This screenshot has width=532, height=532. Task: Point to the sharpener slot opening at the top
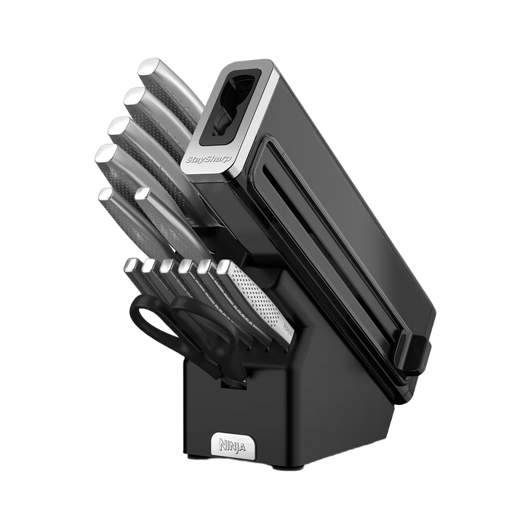click(234, 102)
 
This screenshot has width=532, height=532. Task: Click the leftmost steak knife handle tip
click(132, 264)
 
